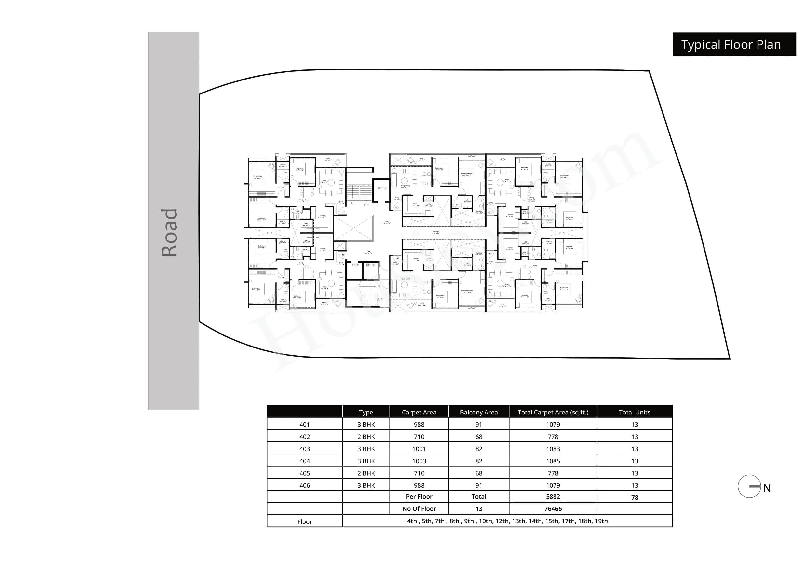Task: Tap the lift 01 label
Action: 355,265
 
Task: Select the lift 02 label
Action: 371,265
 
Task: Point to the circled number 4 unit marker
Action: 490,254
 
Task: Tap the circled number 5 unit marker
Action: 397,258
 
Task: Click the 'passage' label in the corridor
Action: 436,232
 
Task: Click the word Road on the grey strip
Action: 169,232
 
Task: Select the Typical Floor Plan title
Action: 731,45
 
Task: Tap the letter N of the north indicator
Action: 767,488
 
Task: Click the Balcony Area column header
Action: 478,412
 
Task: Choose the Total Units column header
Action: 635,412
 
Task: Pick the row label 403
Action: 304,449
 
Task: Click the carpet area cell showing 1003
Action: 419,461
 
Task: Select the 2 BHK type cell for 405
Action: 366,473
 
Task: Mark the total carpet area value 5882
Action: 553,496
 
